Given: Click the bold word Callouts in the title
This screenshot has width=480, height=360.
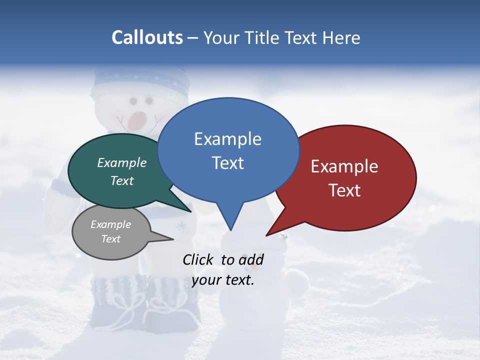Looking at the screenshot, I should [x=147, y=38].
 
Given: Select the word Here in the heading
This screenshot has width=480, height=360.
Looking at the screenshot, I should [x=341, y=38].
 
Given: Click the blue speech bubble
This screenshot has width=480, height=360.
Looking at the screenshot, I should [x=228, y=150].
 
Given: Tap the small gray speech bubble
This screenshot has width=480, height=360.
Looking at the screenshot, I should [x=111, y=232].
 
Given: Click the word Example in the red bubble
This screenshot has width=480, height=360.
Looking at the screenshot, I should [x=344, y=166].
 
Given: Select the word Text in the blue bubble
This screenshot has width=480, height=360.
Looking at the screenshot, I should [x=228, y=163].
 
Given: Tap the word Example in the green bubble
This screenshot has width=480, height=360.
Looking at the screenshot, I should [x=122, y=162].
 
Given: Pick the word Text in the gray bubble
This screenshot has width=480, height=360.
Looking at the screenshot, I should [x=111, y=239].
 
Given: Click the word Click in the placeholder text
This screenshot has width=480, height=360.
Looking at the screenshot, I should [x=199, y=259].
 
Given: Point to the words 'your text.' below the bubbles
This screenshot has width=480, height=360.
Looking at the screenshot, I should [x=223, y=280].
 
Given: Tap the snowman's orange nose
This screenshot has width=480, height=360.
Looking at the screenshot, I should [x=136, y=120].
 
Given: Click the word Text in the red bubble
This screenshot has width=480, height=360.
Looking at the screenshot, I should [x=345, y=190].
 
